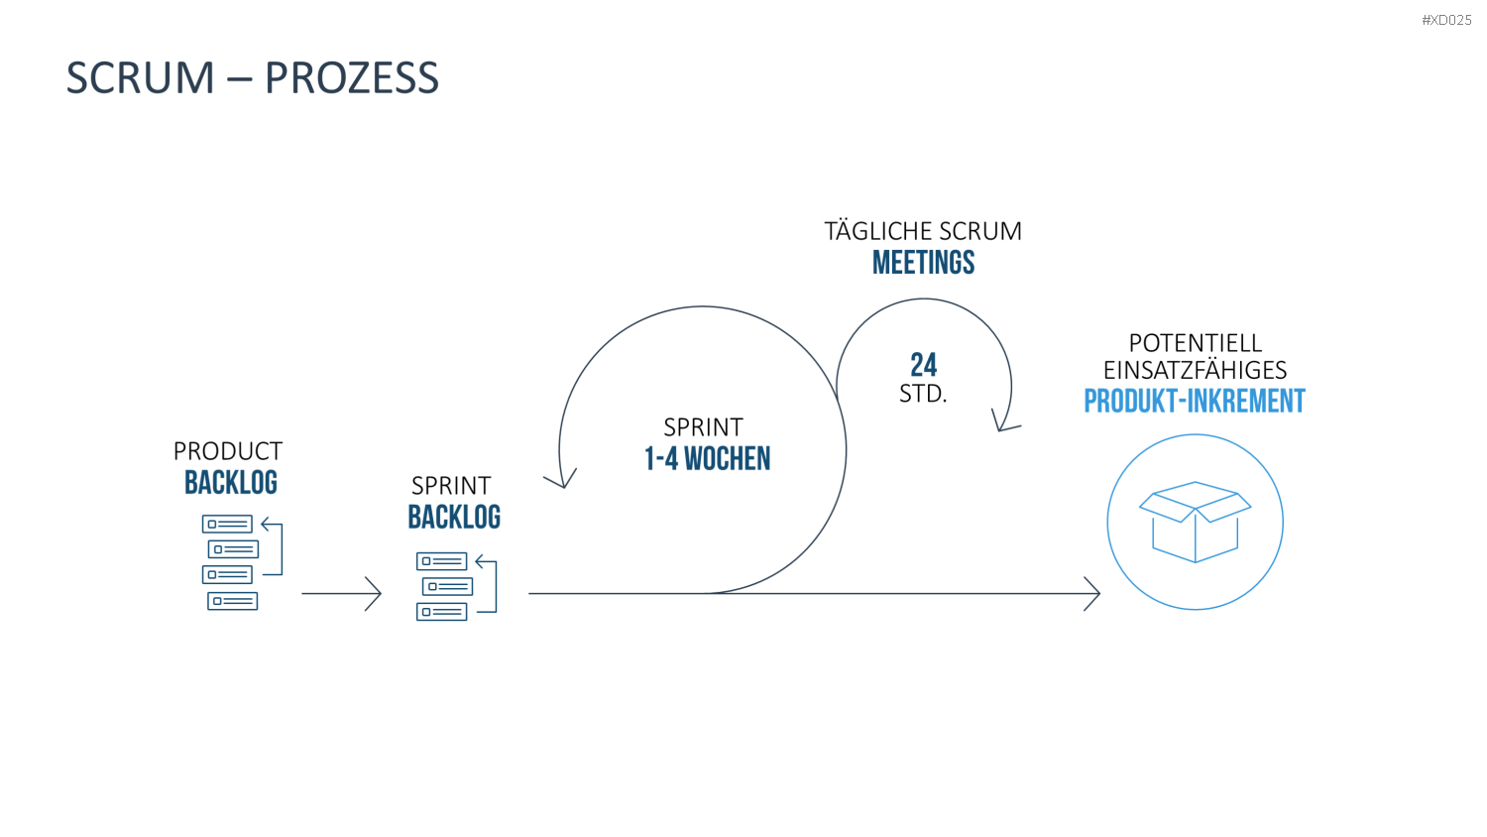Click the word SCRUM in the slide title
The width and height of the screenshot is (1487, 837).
coord(140,77)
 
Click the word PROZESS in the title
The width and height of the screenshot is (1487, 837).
coord(352,77)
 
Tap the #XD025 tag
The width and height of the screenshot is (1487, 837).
coord(1446,20)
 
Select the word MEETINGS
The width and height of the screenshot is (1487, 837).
coord(923,263)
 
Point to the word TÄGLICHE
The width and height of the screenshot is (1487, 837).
coord(878,230)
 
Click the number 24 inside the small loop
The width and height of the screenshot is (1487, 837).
coord(923,365)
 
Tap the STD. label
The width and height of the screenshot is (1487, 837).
coord(923,394)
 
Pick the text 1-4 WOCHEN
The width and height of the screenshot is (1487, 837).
coord(707,458)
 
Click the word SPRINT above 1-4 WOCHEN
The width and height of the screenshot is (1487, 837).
coord(703,426)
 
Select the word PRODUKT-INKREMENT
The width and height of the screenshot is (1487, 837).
coord(1195,401)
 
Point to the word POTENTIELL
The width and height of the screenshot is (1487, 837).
coord(1195,343)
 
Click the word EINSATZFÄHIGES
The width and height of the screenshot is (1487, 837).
coord(1195,369)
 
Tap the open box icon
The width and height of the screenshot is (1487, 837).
coord(1195,522)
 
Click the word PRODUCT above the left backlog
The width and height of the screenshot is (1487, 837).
coord(228,451)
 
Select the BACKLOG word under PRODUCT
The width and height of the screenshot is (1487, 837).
coord(230,482)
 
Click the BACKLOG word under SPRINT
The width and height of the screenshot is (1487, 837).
coord(454,517)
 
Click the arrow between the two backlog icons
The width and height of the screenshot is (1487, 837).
coord(341,593)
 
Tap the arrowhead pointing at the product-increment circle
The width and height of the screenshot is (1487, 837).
coord(1092,593)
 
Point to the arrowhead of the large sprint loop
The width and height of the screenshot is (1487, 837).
coord(562,480)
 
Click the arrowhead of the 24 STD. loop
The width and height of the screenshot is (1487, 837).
coord(1003,422)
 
